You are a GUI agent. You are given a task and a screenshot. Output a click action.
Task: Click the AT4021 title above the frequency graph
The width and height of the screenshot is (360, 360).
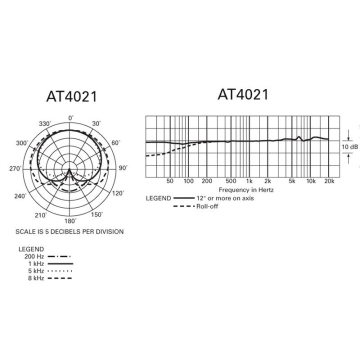click(243, 94)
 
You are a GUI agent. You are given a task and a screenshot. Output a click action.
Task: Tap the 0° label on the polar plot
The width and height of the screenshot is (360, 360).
click(70, 117)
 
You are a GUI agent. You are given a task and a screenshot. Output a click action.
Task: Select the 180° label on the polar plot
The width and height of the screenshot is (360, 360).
click(70, 220)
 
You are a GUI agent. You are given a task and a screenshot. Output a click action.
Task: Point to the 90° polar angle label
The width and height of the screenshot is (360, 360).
click(123, 168)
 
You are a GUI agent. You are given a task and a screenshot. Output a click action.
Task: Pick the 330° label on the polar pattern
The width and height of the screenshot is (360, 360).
click(44, 123)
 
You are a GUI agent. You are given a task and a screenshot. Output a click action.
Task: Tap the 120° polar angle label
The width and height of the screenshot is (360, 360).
click(116, 193)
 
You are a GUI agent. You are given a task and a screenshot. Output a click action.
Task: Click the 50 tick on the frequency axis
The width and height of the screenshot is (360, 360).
click(170, 181)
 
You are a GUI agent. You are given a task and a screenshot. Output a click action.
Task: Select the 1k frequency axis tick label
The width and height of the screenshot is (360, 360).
click(249, 181)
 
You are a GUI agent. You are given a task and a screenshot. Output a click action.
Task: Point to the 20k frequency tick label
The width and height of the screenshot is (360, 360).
click(329, 181)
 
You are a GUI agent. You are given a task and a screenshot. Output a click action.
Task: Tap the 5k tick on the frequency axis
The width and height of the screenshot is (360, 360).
click(292, 181)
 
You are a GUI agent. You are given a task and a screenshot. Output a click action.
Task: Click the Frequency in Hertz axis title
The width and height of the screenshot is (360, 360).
click(246, 190)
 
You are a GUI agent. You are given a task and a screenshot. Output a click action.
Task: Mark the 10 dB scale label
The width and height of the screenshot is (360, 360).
click(350, 147)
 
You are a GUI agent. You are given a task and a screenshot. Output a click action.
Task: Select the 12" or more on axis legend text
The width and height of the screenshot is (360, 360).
click(225, 198)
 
